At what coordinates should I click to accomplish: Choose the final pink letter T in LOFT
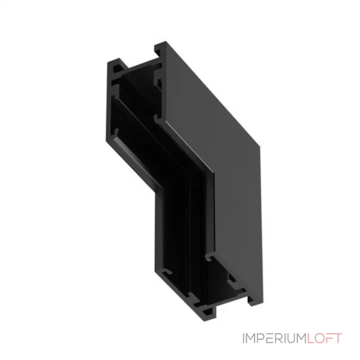pos(338,338)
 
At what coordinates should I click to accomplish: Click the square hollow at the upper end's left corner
pos(117,67)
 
